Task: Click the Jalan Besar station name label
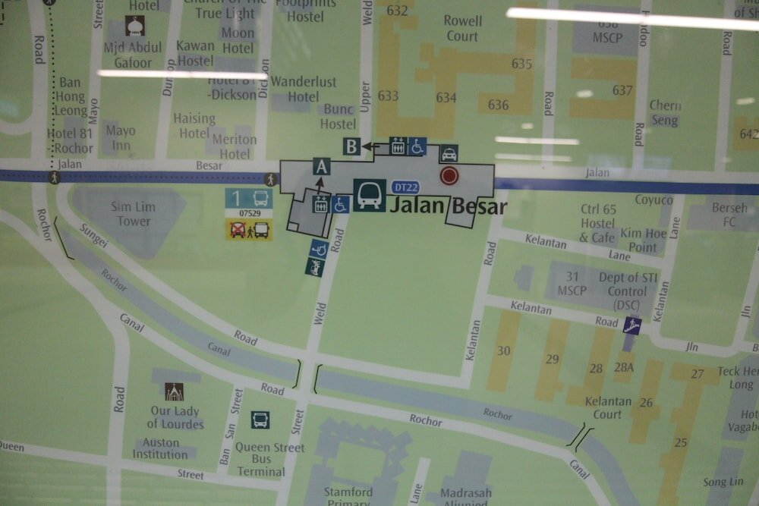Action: (x=448, y=206)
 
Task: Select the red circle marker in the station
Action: (x=450, y=177)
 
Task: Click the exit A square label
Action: (x=322, y=167)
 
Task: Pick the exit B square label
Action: (x=351, y=146)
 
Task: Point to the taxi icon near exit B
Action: (x=449, y=154)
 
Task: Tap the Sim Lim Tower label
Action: (x=134, y=214)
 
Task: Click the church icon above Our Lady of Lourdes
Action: (x=174, y=391)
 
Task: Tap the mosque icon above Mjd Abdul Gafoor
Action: (x=135, y=28)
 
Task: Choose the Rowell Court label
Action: (x=461, y=29)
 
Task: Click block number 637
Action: (x=622, y=90)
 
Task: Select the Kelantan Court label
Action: (x=608, y=407)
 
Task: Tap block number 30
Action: (x=504, y=350)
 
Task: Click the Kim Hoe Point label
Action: (x=637, y=240)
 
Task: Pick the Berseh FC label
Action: (x=729, y=215)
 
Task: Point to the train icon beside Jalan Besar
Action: (x=369, y=195)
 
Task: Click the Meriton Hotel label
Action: (x=234, y=146)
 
